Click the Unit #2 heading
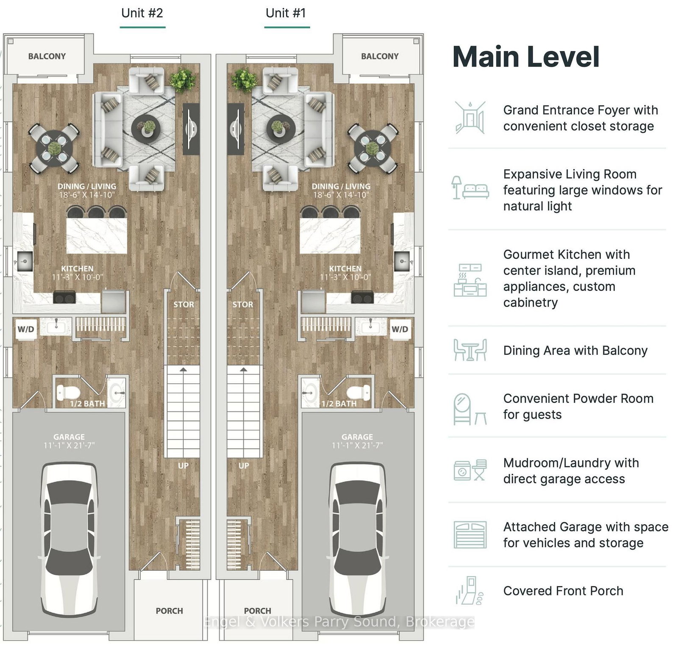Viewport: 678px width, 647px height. (x=142, y=13)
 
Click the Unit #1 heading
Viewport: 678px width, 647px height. (x=286, y=13)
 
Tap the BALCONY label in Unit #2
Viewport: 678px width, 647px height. (x=47, y=56)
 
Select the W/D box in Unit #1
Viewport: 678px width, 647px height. (x=400, y=329)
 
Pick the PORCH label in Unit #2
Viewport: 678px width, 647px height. (x=169, y=611)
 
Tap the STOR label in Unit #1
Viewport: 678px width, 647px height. (x=243, y=304)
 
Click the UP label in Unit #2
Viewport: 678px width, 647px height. (x=183, y=465)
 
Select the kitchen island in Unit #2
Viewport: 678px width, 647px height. (x=97, y=235)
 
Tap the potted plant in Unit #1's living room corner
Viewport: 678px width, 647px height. (x=244, y=80)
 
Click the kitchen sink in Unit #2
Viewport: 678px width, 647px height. (x=24, y=261)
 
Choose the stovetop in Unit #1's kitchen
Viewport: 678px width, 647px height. (x=362, y=298)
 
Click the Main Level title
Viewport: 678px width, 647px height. (x=526, y=57)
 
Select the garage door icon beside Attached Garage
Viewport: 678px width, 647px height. (x=470, y=535)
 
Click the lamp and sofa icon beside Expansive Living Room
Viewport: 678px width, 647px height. (x=470, y=188)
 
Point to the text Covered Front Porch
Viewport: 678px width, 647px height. (x=563, y=591)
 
